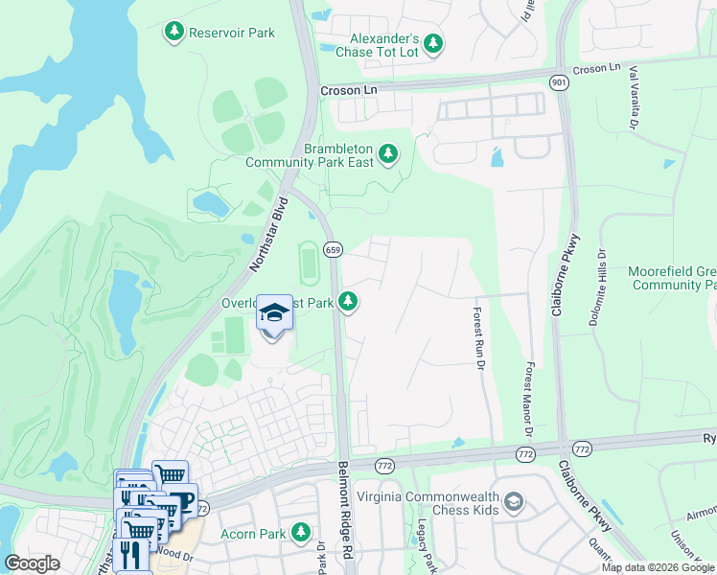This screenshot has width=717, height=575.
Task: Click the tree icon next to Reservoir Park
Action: (x=173, y=33)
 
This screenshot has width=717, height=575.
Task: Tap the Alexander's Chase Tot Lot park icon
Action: (x=433, y=43)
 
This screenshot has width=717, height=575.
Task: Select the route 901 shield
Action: (x=558, y=83)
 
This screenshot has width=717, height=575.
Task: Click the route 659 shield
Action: (x=333, y=250)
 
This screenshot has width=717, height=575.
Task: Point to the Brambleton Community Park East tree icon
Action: (x=388, y=153)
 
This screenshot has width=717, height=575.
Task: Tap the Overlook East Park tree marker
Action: (x=349, y=302)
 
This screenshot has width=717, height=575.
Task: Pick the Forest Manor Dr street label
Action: (x=528, y=396)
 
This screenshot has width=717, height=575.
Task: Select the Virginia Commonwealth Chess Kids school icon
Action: (x=514, y=502)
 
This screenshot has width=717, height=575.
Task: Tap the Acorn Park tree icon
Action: (x=301, y=531)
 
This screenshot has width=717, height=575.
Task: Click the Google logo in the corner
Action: (x=33, y=563)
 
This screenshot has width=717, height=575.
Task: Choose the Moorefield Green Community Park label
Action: (x=672, y=278)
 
